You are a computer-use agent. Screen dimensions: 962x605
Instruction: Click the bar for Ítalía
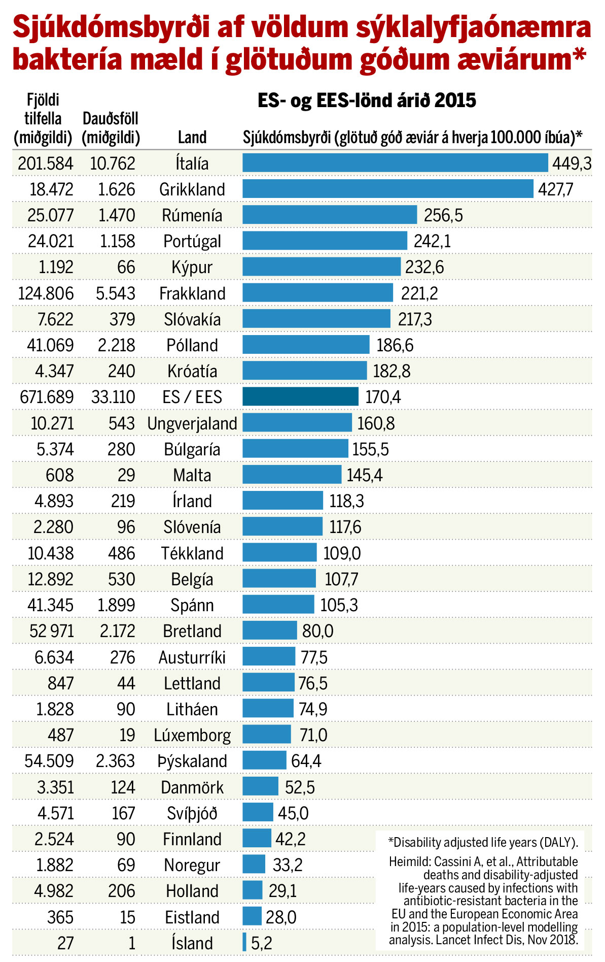click(x=395, y=163)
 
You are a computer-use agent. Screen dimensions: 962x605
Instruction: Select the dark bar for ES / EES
click(x=300, y=396)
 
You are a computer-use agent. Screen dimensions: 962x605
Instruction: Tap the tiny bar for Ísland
click(x=244, y=942)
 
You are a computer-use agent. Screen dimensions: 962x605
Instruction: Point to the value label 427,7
click(x=556, y=189)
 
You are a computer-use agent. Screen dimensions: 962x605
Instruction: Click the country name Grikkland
click(x=192, y=189)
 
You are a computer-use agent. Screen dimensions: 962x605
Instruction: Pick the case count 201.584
click(x=46, y=163)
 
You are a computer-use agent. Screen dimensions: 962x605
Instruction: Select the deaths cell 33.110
click(x=113, y=397)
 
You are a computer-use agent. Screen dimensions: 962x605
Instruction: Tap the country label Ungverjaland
click(x=192, y=423)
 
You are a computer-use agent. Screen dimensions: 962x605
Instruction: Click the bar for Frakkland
click(x=317, y=293)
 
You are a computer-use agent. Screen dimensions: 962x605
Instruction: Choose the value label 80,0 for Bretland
click(x=318, y=631)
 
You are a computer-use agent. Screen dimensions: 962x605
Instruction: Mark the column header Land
click(x=192, y=137)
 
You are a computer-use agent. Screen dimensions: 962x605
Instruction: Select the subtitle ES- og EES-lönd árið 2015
click(x=367, y=100)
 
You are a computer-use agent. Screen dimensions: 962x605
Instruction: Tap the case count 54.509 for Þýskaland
click(x=49, y=761)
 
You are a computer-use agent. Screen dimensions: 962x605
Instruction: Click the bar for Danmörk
click(x=260, y=786)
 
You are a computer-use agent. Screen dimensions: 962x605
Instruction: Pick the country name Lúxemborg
click(x=192, y=735)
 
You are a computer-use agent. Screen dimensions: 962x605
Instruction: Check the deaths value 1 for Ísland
click(x=132, y=943)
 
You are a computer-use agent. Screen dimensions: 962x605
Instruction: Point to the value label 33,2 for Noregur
click(x=288, y=865)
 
